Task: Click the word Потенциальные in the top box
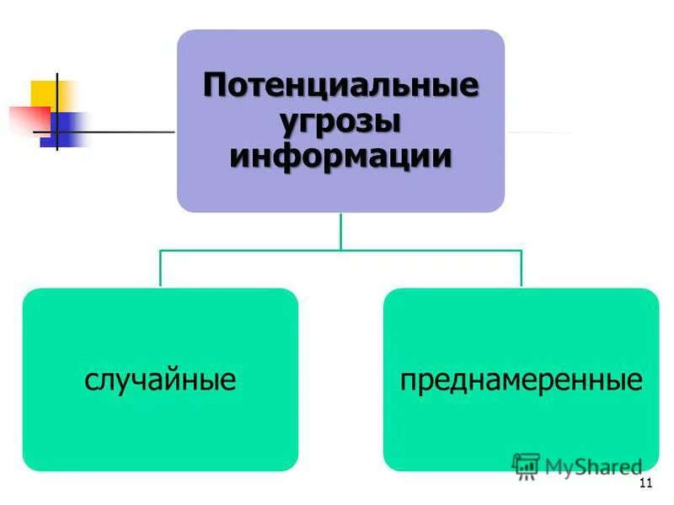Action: (x=340, y=87)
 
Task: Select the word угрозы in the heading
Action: (x=340, y=121)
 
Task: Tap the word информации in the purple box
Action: (x=340, y=157)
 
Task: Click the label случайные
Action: (x=160, y=380)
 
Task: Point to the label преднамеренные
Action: (x=521, y=380)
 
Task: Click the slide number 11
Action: (x=646, y=482)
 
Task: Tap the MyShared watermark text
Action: (x=593, y=466)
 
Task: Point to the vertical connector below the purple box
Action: (x=340, y=231)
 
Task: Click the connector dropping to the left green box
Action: (x=161, y=269)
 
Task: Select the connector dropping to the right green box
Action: (x=521, y=269)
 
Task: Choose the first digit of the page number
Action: (x=643, y=482)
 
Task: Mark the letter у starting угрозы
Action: (x=287, y=124)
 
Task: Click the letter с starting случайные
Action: (x=90, y=382)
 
